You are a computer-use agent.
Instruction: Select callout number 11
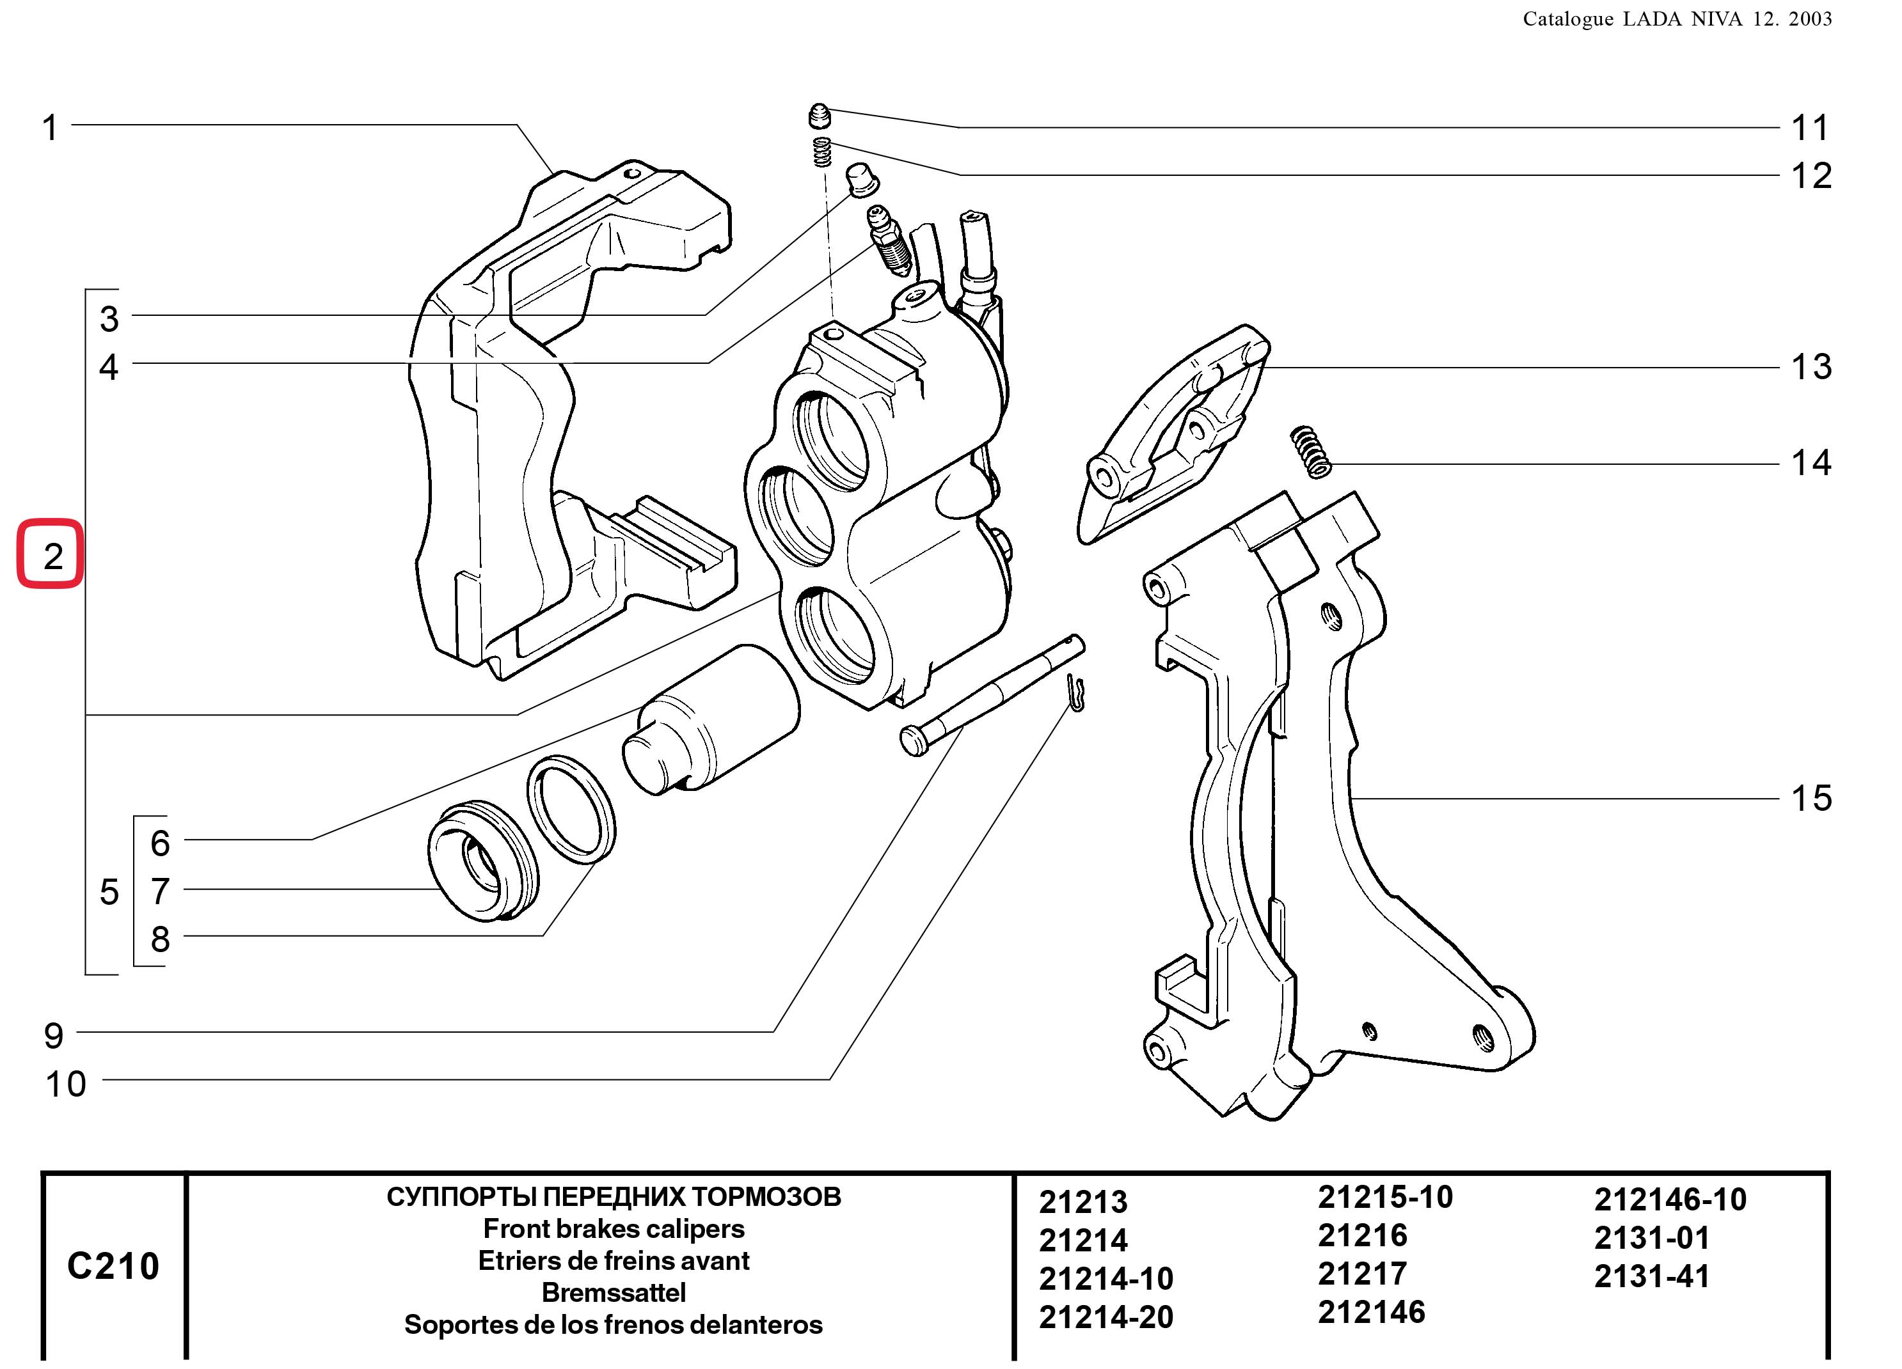tap(1810, 129)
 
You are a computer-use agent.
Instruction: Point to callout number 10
tap(65, 1084)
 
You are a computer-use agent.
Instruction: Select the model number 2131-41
tap(1651, 1276)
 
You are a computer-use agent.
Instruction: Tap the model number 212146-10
tap(1670, 1200)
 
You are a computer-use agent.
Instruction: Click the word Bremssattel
tap(614, 1293)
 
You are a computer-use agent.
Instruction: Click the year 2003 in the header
tap(1810, 19)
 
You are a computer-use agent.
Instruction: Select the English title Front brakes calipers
tap(614, 1229)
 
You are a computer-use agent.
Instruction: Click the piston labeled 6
tap(711, 719)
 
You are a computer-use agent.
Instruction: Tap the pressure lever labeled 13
tap(1174, 434)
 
